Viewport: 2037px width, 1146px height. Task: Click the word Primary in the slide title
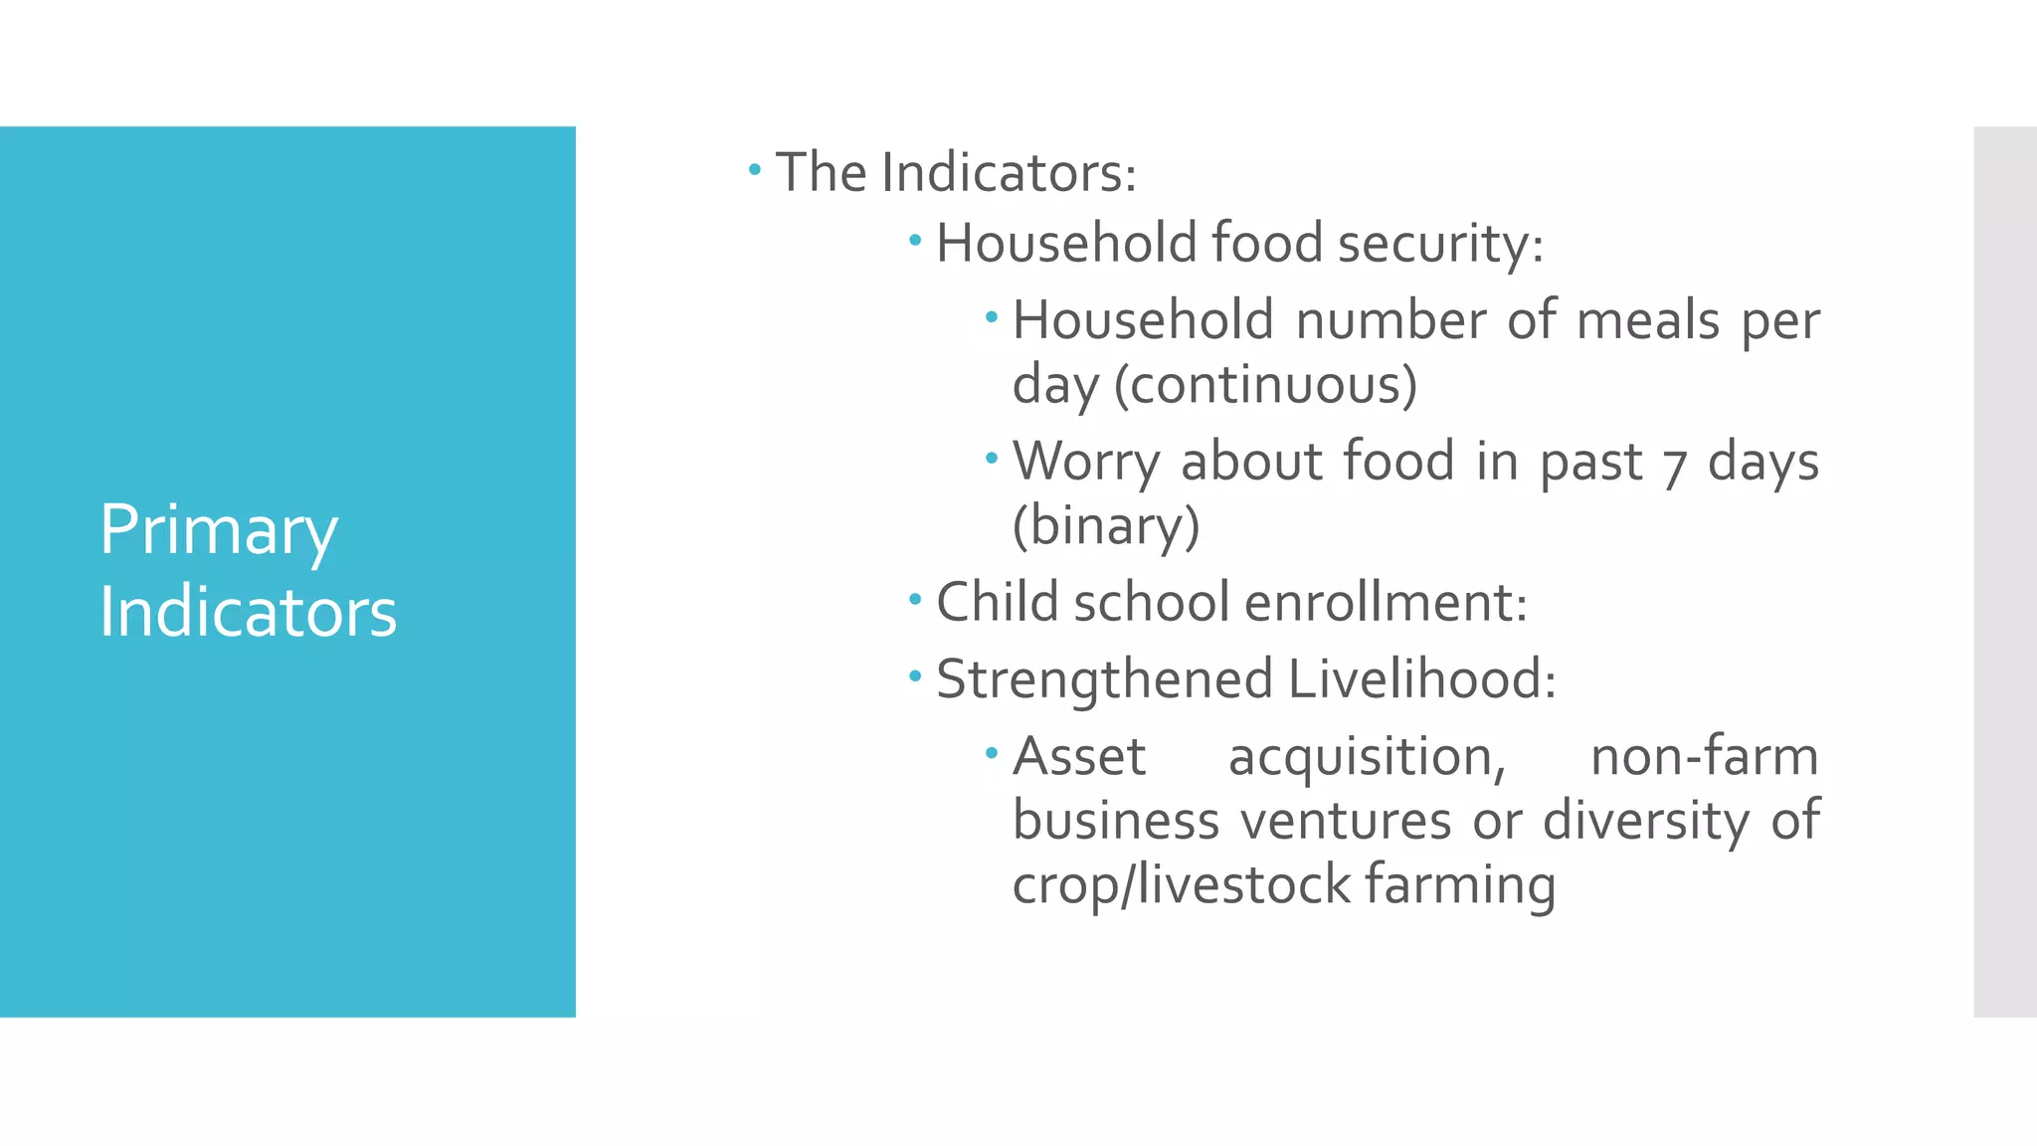point(219,531)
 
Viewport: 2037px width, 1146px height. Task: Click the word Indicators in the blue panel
point(248,612)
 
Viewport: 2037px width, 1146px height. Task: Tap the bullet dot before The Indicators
point(755,170)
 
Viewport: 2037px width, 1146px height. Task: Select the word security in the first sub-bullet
point(1439,244)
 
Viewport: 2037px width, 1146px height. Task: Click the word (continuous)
point(1265,385)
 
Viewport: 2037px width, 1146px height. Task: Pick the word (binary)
point(1106,525)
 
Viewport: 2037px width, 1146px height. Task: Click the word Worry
point(1086,463)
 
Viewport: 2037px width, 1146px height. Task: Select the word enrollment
point(1385,603)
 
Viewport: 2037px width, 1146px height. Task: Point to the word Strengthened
point(1105,679)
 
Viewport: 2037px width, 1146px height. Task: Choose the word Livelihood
point(1421,679)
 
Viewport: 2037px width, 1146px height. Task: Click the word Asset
point(1079,757)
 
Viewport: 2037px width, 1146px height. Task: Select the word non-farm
point(1704,757)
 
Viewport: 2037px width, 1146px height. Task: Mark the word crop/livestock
point(1181,885)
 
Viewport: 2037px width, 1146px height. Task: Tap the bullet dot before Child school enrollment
point(915,600)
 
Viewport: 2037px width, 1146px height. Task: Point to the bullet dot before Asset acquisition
point(991,753)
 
